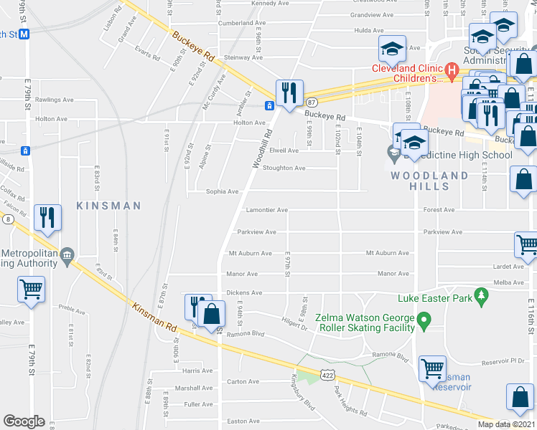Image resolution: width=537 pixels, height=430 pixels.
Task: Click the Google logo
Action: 24,421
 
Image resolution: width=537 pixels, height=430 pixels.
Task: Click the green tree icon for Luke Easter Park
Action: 481,294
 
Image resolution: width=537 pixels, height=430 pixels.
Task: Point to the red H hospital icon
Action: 452,70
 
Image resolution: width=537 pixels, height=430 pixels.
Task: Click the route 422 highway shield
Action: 328,374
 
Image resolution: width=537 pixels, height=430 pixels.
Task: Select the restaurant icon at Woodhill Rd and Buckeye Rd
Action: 289,92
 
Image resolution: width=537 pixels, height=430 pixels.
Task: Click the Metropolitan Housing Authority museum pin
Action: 67,254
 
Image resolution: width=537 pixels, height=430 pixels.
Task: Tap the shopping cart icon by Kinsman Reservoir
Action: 432,369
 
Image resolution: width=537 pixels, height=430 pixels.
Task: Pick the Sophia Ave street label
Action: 223,191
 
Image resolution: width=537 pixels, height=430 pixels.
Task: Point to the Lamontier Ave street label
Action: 266,210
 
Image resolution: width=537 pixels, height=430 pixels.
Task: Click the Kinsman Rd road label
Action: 154,315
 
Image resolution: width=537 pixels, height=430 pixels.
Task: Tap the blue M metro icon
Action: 24,34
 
